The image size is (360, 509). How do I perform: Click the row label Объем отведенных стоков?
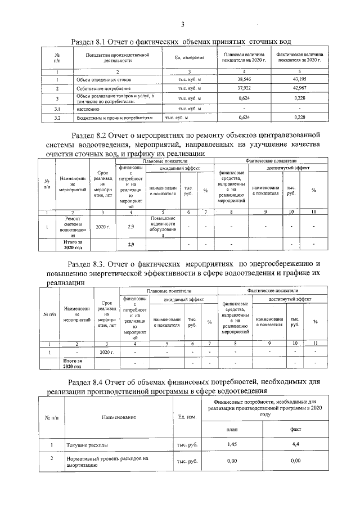(100, 80)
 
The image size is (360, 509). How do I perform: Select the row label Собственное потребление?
(100, 89)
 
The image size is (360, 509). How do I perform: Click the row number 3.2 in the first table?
(57, 118)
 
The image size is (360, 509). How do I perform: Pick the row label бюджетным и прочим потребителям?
(115, 118)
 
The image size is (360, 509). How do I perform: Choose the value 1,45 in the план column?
(232, 445)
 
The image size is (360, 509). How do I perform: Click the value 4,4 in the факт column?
(295, 445)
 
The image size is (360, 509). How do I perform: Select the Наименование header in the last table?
(119, 417)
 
